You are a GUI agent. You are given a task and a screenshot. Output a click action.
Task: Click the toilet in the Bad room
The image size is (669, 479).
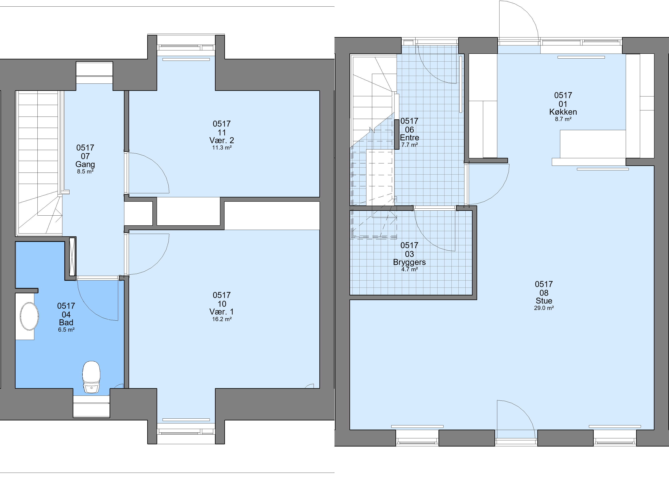(x=91, y=377)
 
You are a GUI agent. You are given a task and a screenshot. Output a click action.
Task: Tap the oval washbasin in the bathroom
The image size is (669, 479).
(x=29, y=316)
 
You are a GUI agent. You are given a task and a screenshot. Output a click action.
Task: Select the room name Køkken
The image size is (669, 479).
(x=563, y=112)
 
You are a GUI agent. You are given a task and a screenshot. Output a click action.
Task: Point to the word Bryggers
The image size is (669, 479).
(x=409, y=262)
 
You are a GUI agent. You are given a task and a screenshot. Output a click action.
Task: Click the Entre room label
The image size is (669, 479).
(x=409, y=138)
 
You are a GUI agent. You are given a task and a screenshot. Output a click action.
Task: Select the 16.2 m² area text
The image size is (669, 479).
(x=222, y=319)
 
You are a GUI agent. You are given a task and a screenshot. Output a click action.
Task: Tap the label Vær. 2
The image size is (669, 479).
(x=222, y=140)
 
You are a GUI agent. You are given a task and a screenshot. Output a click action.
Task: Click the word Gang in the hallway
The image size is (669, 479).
(x=85, y=165)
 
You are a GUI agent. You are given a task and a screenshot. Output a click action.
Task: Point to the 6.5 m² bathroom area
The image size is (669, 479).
(x=66, y=330)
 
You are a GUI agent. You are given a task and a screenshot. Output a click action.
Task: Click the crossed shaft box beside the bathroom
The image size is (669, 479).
(x=72, y=257)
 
